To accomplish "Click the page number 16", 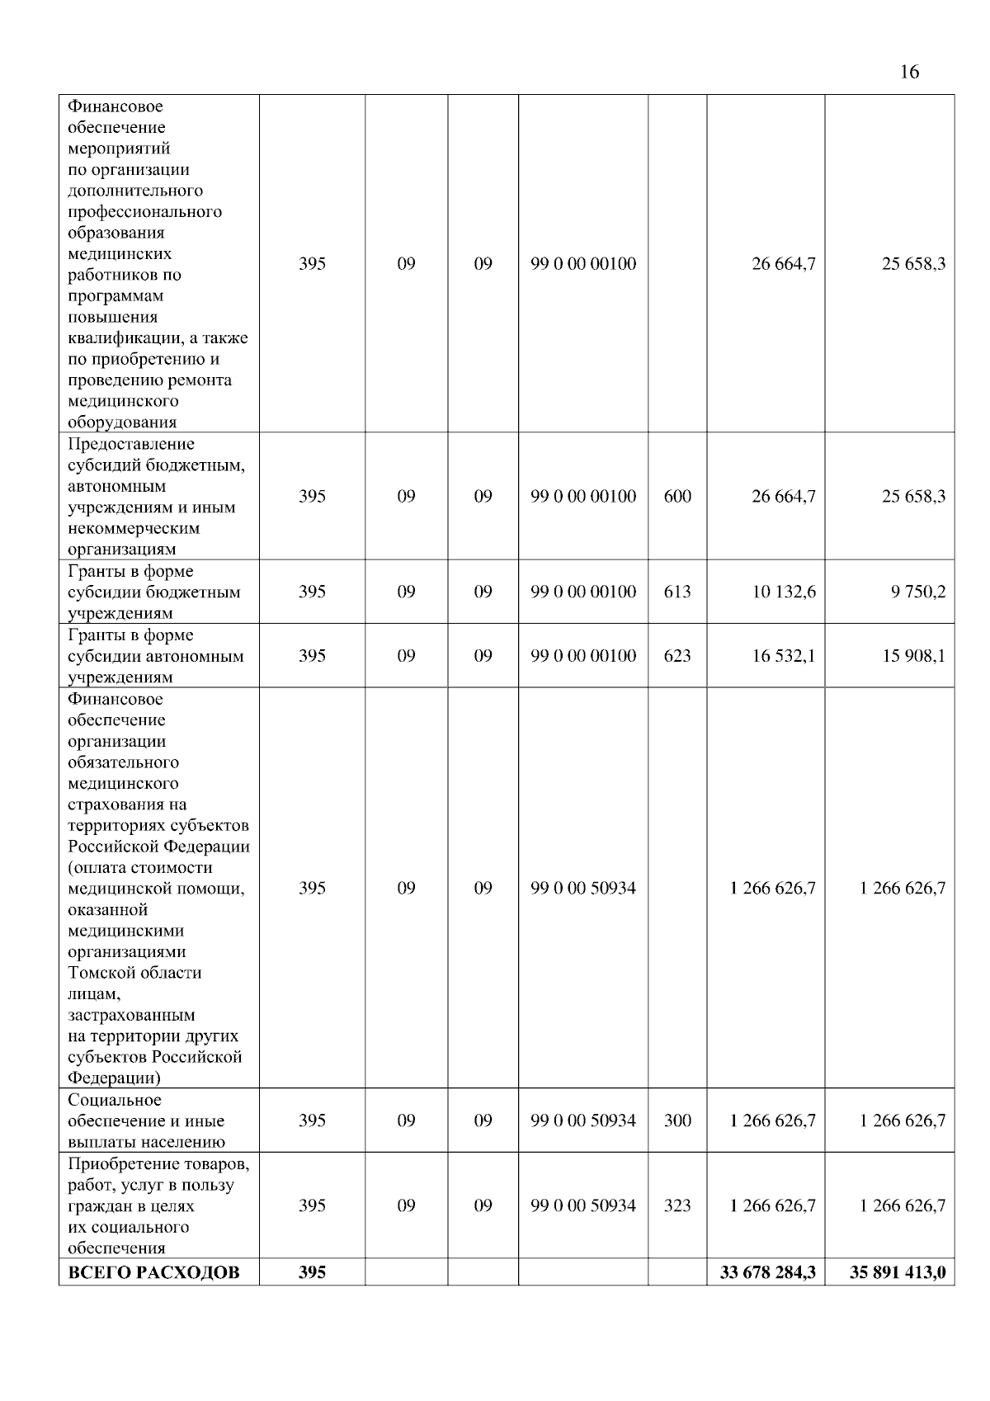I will [909, 73].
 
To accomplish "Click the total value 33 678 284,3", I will [767, 1272].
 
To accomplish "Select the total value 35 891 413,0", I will [898, 1272].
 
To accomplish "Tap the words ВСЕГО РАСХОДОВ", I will [153, 1272].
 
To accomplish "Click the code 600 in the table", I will [677, 496].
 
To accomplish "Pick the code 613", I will [677, 592].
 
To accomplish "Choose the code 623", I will [677, 656].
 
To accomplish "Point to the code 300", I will [677, 1120].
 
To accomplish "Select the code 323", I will [677, 1205].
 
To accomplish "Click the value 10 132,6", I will [783, 592].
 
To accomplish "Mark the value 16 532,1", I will [783, 656].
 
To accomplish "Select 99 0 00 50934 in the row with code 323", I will [583, 1205].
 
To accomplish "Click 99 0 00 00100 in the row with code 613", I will [583, 592].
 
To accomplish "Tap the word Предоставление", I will [131, 444].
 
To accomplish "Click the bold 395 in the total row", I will [312, 1272].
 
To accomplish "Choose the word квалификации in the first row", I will [120, 338].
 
